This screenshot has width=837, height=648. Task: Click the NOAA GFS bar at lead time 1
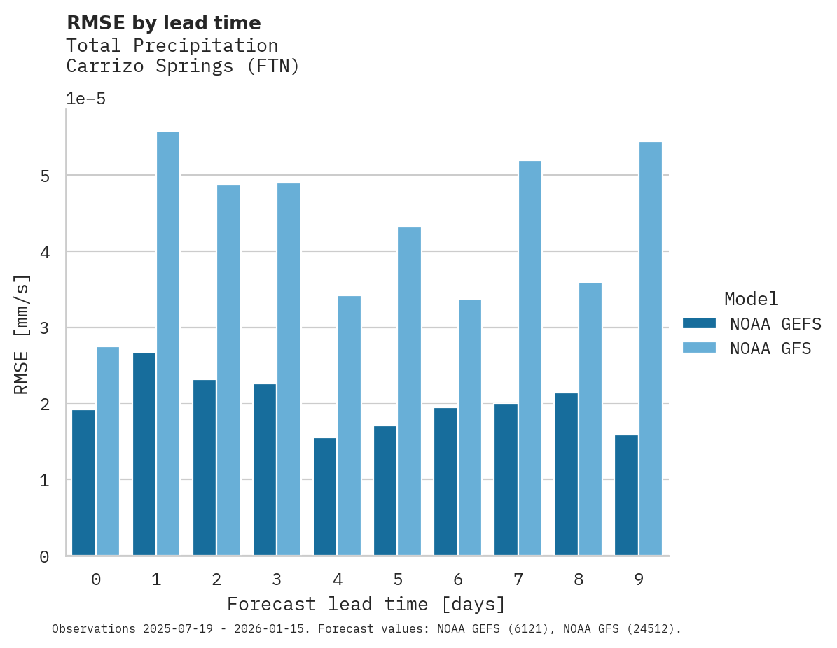pos(168,344)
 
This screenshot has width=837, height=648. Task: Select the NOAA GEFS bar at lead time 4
pos(325,497)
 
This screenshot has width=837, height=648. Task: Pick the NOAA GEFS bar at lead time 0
pos(83,483)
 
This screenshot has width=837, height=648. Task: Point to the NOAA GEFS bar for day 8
pos(566,474)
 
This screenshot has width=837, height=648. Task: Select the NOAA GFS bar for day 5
pos(410,391)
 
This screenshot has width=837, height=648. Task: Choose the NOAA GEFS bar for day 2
pos(205,467)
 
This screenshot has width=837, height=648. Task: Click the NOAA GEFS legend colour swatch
pos(699,323)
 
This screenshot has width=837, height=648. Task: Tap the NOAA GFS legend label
pos(770,348)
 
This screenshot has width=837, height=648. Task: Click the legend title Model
pos(751,299)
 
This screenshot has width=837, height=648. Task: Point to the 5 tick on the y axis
pos(45,176)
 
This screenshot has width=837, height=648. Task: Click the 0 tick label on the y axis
pos(45,557)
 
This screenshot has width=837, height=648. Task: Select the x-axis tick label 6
pos(458,579)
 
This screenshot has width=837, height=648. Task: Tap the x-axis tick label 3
pos(277,579)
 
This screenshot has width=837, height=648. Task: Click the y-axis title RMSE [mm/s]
pos(22,334)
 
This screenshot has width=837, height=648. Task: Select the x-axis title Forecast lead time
pos(366,604)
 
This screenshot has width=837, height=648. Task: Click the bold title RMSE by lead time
pos(163,23)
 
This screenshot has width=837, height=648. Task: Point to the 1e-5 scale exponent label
pos(85,99)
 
